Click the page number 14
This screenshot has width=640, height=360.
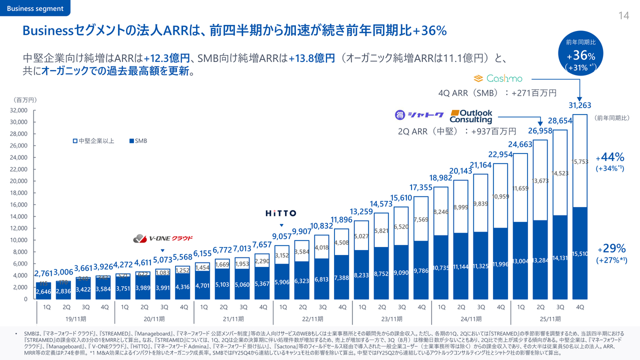click(623, 15)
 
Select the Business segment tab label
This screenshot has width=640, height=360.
click(35, 8)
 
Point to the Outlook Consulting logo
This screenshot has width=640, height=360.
click(471, 116)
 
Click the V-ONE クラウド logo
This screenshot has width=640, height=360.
click(163, 238)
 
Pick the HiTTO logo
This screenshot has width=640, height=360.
click(280, 213)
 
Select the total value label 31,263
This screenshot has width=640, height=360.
click(580, 105)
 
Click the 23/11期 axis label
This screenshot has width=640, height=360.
click(392, 318)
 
